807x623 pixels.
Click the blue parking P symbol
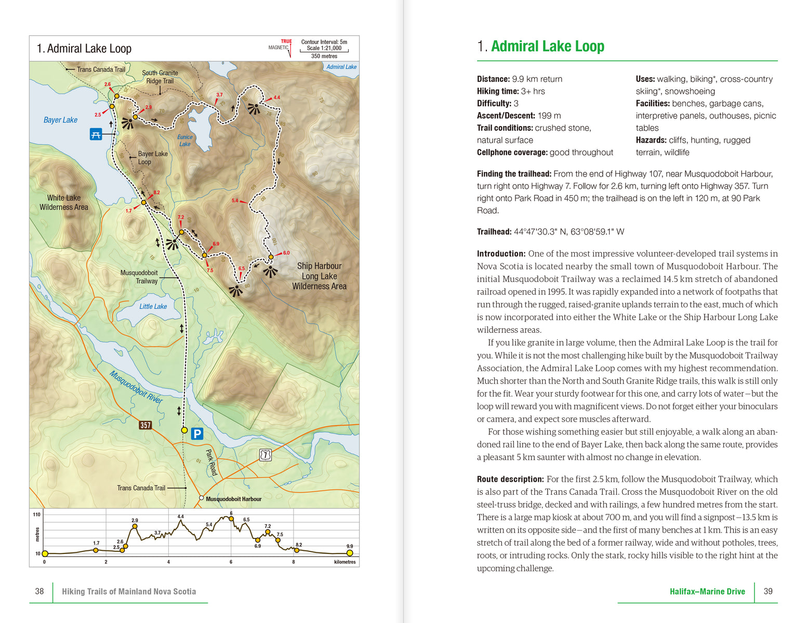197,434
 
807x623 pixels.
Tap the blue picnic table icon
96,134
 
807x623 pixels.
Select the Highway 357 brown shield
145,425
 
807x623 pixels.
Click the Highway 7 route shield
265,455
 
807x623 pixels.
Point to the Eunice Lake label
185,141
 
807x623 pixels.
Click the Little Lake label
153,306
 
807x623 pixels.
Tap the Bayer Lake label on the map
60,120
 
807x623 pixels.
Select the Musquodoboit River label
136,387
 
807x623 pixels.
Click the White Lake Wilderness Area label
64,202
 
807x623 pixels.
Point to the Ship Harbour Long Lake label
319,276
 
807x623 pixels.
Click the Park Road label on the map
211,463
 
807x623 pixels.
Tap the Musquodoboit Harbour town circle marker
201,498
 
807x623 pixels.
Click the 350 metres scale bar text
324,56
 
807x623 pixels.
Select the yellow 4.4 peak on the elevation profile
181,521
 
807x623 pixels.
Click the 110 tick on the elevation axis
36,514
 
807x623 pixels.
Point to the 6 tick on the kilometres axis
231,562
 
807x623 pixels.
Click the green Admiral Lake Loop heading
548,46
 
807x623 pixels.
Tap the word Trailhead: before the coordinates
494,232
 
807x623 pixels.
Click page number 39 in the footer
768,591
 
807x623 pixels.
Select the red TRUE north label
286,42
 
